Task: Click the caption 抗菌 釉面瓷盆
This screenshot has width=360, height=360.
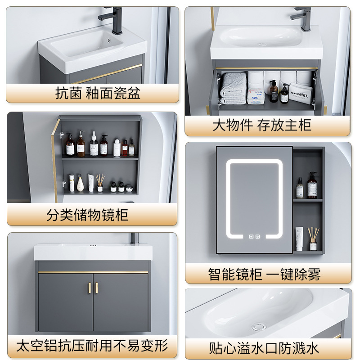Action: pos(98,93)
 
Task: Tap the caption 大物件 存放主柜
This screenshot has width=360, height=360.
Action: pos(262,125)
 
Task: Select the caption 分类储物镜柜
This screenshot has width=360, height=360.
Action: pos(87,215)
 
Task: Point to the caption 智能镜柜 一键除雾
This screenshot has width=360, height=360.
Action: pos(265,274)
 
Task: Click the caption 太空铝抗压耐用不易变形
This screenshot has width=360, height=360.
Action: pos(92,346)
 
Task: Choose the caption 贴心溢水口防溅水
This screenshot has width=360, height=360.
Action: pos(264,347)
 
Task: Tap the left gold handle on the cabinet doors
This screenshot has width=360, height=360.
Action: pos(89,288)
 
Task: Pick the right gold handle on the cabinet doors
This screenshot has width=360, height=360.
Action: pos(96,288)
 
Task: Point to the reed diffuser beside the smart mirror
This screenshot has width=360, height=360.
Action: pos(313,238)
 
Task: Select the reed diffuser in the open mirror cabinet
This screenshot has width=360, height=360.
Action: pos(100,182)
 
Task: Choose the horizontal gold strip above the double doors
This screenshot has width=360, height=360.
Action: pos(93,272)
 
